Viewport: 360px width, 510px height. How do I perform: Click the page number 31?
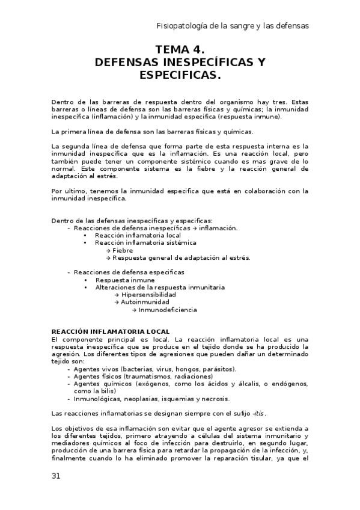point(56,476)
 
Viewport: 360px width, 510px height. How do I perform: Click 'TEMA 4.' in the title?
point(180,50)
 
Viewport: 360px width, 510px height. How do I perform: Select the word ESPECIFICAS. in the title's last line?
point(180,75)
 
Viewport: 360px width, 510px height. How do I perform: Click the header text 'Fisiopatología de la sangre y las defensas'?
point(233,26)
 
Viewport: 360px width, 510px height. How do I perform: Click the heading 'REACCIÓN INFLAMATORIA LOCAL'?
point(111,331)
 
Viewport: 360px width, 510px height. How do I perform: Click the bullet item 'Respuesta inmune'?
point(124,280)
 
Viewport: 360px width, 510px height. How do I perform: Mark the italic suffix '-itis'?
point(258,413)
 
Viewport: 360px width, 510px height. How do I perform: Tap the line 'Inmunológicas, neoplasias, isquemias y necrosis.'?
point(151,398)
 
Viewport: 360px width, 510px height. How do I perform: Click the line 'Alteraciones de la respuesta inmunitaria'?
point(160,287)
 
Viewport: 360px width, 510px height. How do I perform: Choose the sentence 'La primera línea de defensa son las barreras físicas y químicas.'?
point(153,131)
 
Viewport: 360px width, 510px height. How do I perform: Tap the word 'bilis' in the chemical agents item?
point(107,391)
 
